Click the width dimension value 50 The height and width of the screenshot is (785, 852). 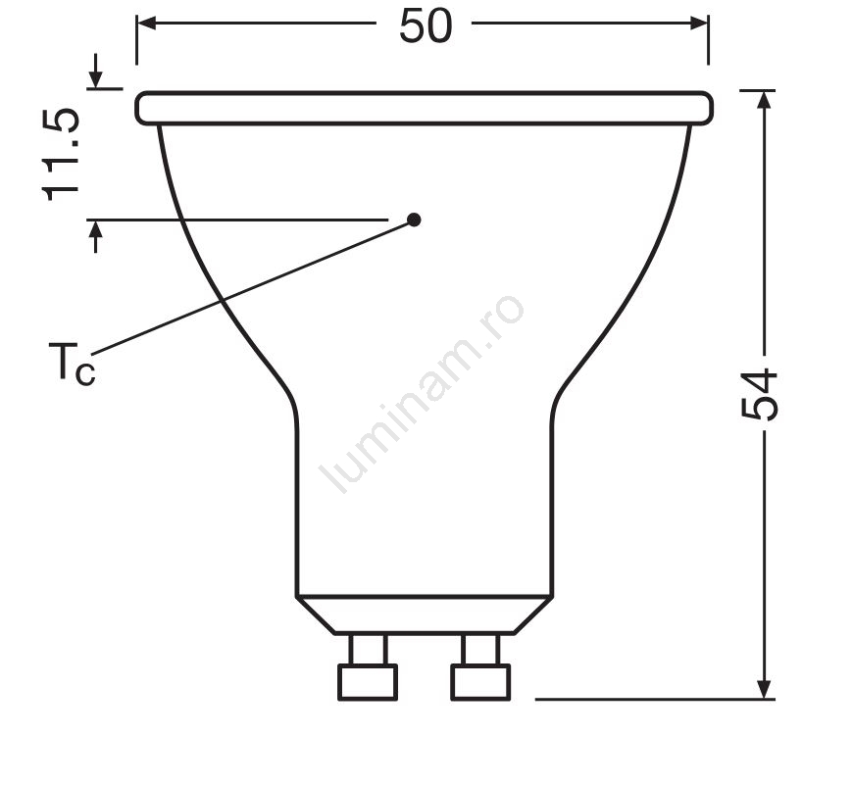pyautogui.click(x=426, y=26)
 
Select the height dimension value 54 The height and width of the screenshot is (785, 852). pyautogui.click(x=760, y=394)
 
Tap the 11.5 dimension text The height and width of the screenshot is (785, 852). pyautogui.click(x=61, y=156)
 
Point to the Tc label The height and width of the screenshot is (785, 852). pyautogui.click(x=72, y=364)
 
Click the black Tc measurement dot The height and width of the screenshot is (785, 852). pyautogui.click(x=414, y=220)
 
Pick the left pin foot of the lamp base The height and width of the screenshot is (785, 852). pyautogui.click(x=368, y=682)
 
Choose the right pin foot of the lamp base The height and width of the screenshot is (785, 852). pyautogui.click(x=480, y=682)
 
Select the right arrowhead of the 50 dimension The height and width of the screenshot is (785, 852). pyautogui.click(x=699, y=24)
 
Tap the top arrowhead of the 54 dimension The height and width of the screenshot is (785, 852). pyautogui.click(x=764, y=101)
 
